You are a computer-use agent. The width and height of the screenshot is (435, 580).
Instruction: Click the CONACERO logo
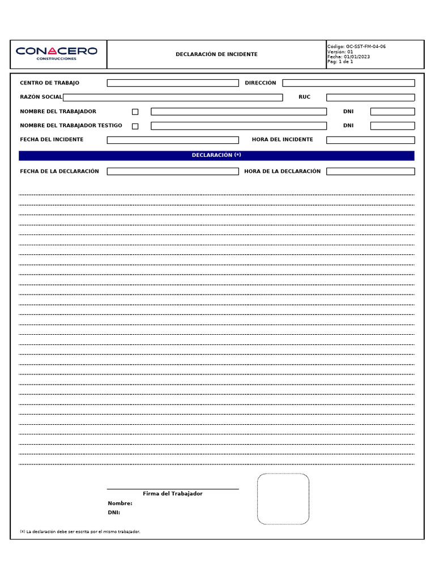click(57, 53)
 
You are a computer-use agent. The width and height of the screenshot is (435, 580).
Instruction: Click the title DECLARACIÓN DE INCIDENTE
click(216, 54)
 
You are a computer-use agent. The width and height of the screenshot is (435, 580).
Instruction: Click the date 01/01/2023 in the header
click(356, 57)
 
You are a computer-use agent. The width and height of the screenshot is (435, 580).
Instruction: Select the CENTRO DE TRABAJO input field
click(173, 83)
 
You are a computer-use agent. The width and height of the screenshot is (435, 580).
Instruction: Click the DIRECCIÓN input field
click(348, 83)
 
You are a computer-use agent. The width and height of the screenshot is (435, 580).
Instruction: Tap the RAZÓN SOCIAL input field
click(173, 97)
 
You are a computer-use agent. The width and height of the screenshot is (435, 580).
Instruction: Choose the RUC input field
click(370, 97)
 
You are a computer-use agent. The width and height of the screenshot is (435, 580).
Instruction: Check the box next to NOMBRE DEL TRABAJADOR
click(135, 112)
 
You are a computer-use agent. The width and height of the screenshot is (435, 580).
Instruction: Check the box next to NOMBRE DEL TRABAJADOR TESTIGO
click(135, 126)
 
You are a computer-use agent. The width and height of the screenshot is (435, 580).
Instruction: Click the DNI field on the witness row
click(393, 126)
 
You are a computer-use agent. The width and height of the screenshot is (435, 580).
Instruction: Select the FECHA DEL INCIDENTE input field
click(173, 140)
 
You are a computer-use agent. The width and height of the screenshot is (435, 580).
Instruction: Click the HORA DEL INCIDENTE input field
click(370, 140)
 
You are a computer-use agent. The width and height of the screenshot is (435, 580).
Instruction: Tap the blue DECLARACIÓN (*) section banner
click(216, 155)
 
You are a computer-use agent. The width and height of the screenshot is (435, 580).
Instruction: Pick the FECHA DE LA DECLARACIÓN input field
click(173, 172)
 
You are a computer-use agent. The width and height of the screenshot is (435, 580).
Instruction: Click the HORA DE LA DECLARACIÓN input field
click(370, 172)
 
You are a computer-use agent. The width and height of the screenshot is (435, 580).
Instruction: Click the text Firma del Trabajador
click(173, 494)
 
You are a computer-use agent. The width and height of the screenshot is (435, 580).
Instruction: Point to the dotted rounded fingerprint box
click(283, 499)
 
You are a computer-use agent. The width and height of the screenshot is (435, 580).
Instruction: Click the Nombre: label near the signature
click(120, 504)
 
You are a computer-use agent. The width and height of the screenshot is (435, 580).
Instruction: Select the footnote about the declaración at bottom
click(80, 532)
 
